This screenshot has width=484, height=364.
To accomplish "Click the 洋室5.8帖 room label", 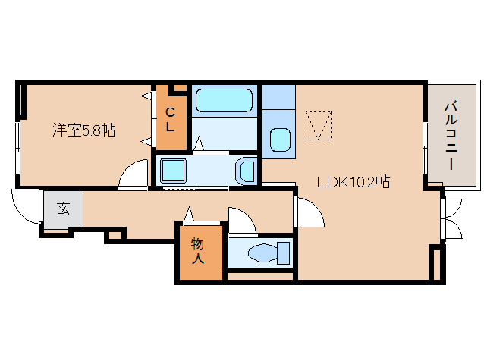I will pyautogui.click(x=84, y=130).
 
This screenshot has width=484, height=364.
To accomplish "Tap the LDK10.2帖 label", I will pyautogui.click(x=354, y=182).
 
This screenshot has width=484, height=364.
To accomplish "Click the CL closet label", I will pyautogui.click(x=171, y=120).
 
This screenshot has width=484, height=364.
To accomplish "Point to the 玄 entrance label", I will pyautogui.click(x=63, y=208).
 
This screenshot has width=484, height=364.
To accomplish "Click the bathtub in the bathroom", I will pyautogui.click(x=224, y=102).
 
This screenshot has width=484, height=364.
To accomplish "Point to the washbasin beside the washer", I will pyautogui.click(x=246, y=170).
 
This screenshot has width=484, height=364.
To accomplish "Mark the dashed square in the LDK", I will pyautogui.click(x=319, y=125).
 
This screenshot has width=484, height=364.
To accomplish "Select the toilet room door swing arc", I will pyautogui.click(x=241, y=221).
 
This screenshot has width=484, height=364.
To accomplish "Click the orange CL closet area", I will pyautogui.click(x=171, y=121).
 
